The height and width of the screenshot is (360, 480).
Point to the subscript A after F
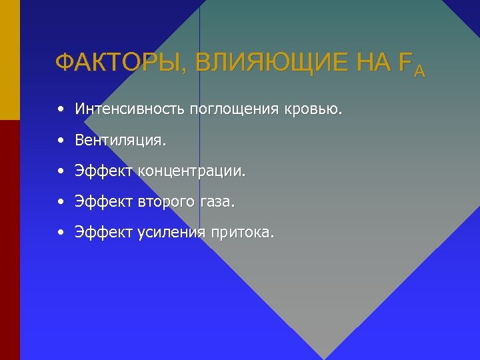[x=419, y=71]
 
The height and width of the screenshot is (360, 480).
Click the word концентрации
[x=193, y=172]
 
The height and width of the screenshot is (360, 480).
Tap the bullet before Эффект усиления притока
[x=61, y=233]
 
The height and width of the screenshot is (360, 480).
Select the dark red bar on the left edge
[x=9, y=240]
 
